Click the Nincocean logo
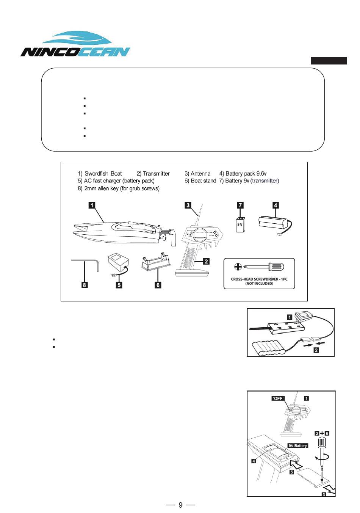click(75, 45)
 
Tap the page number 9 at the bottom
click(180, 505)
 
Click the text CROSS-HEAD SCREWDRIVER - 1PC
click(259, 279)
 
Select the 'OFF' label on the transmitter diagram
click(278, 398)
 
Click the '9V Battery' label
click(298, 446)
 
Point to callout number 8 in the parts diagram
click(85, 285)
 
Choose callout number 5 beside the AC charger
click(119, 285)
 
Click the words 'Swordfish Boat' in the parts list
click(103, 174)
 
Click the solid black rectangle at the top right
click(329, 61)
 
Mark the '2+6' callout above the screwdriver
click(322, 433)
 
